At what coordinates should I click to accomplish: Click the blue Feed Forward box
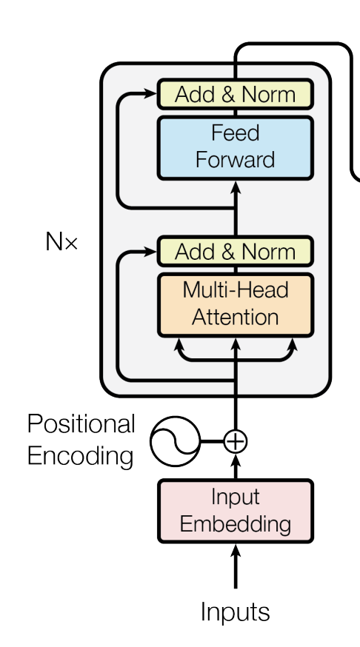[x=236, y=148]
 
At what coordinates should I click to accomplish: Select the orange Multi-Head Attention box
[x=236, y=305]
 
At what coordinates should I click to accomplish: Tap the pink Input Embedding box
[x=236, y=511]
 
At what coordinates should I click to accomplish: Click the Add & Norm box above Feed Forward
[x=236, y=94]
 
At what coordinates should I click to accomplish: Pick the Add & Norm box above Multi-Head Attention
[x=236, y=251]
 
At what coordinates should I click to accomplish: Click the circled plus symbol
[x=236, y=441]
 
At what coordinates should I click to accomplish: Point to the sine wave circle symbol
[x=175, y=441]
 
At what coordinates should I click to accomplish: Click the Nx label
[x=61, y=241]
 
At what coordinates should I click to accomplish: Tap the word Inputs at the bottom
[x=236, y=611]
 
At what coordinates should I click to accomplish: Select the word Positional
[x=81, y=423]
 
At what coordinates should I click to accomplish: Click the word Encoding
[x=81, y=456]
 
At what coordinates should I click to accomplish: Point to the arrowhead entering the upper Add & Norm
[x=150, y=94]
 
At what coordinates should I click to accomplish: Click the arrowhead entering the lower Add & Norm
[x=150, y=251]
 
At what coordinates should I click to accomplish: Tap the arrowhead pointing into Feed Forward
[x=236, y=188]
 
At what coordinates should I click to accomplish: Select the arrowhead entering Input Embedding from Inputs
[x=236, y=552]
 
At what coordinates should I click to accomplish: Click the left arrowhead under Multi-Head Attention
[x=179, y=345]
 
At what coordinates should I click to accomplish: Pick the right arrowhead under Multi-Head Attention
[x=293, y=345]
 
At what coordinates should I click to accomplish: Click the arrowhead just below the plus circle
[x=236, y=461]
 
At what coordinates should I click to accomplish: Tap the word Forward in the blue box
[x=236, y=160]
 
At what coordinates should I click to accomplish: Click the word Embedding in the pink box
[x=236, y=524]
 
